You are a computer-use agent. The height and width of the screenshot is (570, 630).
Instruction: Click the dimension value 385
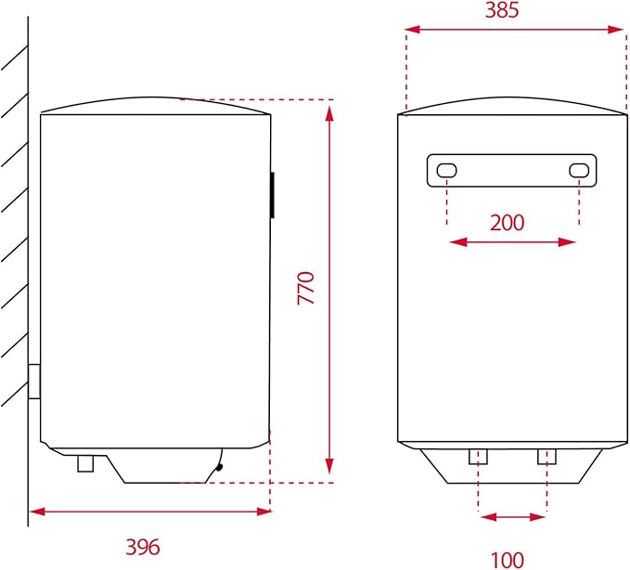pos(514,10)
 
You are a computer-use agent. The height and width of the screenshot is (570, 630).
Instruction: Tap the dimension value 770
pos(307,288)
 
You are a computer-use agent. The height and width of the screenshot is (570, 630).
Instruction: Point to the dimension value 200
pos(507,222)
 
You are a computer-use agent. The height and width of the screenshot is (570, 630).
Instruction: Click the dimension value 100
pos(508,559)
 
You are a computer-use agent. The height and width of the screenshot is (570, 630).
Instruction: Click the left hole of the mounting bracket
pos(447,171)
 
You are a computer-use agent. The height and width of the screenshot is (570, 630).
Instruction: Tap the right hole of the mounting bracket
pos(579,171)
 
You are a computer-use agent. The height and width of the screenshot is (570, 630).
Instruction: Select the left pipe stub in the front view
pos(478,456)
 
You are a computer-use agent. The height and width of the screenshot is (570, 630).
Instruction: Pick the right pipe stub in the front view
pos(546,456)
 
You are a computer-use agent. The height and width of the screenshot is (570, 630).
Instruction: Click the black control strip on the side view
pos(272,195)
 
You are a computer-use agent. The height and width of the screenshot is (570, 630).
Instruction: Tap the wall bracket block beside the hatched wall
pos(34,382)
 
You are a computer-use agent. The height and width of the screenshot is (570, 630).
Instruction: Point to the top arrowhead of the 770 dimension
pos(329,113)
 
